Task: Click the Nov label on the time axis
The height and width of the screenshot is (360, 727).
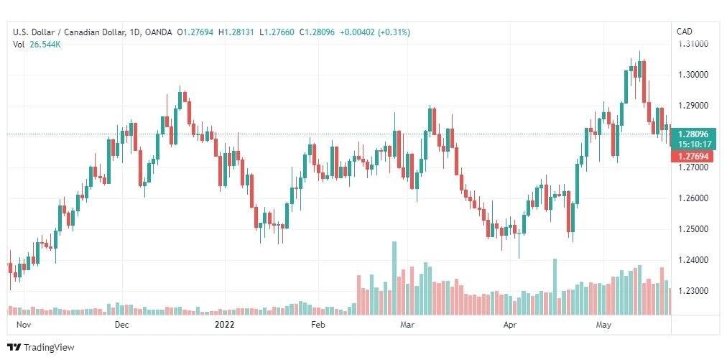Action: (24, 325)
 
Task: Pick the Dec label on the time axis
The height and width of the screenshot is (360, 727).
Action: (121, 325)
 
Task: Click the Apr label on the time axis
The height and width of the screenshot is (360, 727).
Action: (511, 325)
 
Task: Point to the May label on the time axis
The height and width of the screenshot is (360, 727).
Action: (603, 325)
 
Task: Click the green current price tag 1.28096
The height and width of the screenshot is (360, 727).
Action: (693, 134)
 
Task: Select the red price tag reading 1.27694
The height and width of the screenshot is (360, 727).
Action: (693, 156)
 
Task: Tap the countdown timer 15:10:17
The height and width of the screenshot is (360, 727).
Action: (693, 144)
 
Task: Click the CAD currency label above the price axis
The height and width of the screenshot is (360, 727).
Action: (685, 31)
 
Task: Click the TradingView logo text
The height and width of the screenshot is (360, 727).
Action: (50, 348)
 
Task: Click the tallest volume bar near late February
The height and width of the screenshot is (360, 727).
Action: (394, 278)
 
